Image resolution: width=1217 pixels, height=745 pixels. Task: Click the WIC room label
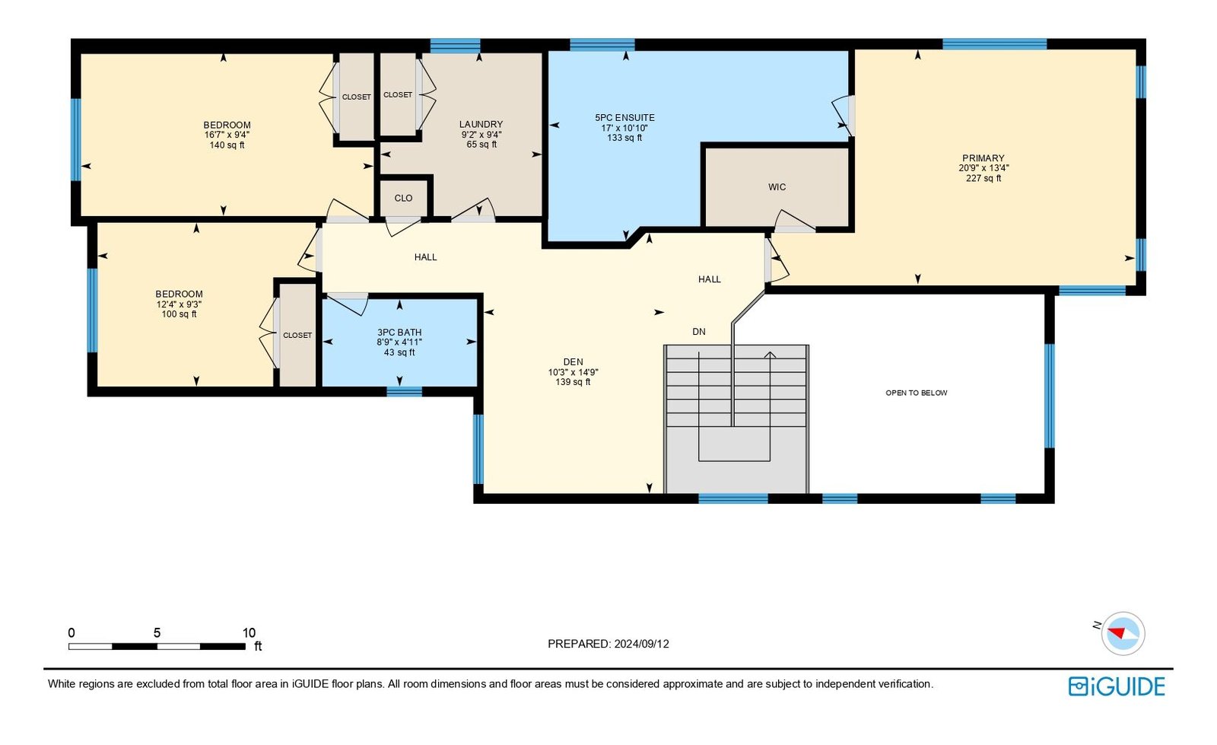tap(777, 187)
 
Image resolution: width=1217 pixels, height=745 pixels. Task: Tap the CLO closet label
tap(403, 199)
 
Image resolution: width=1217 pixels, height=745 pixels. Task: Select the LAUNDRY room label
tap(481, 125)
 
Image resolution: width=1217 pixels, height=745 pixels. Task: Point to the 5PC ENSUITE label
tap(624, 118)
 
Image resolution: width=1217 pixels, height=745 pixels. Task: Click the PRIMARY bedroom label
tap(983, 158)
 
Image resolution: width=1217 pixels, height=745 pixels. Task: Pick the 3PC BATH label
tap(399, 333)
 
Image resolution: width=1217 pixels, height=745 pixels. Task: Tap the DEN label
tap(574, 362)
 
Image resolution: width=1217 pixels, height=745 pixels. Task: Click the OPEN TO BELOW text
tap(917, 393)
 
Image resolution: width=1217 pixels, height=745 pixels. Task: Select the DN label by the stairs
tap(699, 332)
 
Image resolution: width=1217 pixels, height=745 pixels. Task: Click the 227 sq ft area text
tap(983, 178)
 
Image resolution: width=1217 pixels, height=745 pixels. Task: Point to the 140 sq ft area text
tap(227, 145)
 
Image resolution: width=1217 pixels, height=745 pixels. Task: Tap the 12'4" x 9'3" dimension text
tap(180, 304)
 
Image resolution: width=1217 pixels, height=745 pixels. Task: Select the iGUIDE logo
tap(1117, 686)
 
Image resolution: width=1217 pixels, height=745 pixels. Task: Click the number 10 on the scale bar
tap(249, 633)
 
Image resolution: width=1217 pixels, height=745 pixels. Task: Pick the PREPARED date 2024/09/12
tap(642, 644)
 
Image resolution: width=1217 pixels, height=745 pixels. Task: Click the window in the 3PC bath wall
tap(404, 391)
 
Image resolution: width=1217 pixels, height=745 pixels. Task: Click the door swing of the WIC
tap(794, 220)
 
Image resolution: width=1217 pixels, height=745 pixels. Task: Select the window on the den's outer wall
tap(478, 449)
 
